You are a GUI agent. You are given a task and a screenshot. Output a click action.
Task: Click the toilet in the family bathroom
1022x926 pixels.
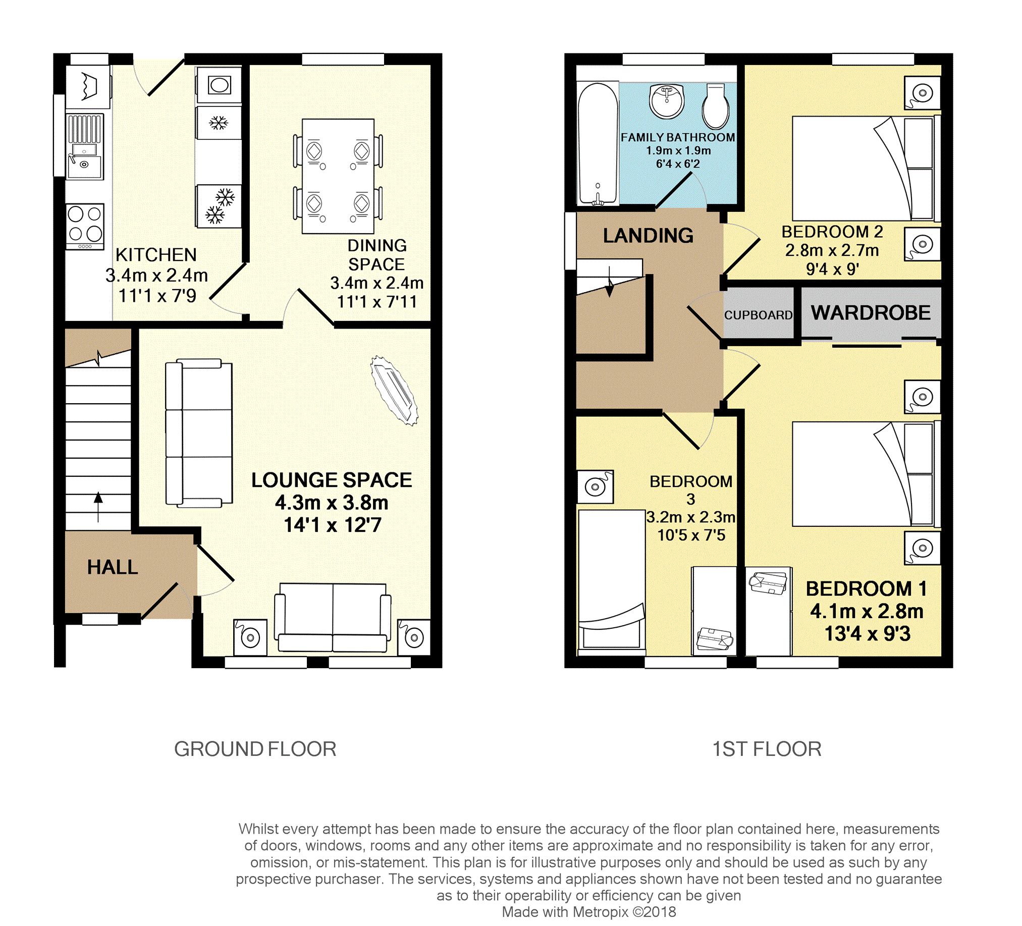715,106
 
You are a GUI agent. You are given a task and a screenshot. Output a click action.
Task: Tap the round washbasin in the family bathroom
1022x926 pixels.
667,101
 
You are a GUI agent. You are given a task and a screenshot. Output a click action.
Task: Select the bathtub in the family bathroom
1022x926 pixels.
598,143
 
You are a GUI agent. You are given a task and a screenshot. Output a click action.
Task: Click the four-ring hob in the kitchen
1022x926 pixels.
85,227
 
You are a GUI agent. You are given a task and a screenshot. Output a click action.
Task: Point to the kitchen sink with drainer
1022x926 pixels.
85,147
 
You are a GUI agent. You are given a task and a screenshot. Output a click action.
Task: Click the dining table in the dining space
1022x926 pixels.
338,177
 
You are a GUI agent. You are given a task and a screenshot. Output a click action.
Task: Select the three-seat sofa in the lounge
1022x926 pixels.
199,433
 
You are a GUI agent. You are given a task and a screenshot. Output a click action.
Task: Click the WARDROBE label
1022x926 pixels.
871,313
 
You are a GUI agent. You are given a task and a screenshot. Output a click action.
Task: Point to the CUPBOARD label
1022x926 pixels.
759,315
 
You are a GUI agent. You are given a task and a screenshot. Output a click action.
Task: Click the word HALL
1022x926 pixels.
113,567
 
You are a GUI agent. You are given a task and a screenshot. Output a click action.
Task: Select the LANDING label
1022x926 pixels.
648,236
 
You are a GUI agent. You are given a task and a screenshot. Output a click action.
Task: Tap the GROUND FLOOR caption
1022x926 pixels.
255,749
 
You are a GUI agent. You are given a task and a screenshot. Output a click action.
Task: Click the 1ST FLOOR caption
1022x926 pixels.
767,749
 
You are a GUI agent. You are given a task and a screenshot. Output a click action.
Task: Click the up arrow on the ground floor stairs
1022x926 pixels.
98,506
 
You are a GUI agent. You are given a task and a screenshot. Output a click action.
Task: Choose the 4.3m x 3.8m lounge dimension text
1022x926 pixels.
332,503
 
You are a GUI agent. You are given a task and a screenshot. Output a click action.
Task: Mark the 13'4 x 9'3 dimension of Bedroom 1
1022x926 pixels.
868,634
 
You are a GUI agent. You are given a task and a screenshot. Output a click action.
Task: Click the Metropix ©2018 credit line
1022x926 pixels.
588,912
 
